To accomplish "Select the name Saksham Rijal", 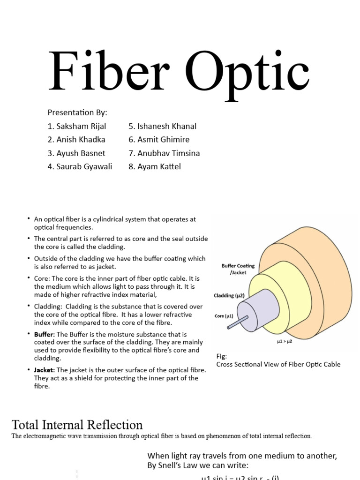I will tap(77, 126).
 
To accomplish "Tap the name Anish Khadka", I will tap(76, 139).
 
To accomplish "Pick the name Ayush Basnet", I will tap(76, 153).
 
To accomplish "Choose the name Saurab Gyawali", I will tap(80, 166).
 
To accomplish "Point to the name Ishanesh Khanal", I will tap(162, 126).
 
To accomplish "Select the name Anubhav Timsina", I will tap(164, 153).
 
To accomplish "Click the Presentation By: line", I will tap(77, 112).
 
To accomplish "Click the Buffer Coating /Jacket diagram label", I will tap(238, 269).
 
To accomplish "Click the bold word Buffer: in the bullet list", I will tap(45, 334).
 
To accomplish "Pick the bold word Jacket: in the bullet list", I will tap(45, 370).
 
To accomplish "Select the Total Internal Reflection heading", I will tap(77, 425).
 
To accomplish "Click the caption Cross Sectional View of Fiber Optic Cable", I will tap(278, 364).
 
